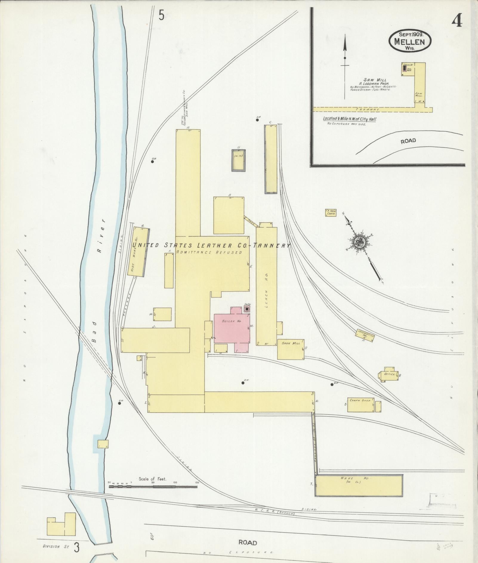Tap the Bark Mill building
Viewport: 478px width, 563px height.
(x=291, y=349)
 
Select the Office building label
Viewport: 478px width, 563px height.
(x=390, y=374)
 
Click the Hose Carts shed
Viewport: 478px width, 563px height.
(x=331, y=213)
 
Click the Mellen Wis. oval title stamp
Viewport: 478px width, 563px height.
(x=410, y=41)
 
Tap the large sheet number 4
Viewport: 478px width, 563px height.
(x=457, y=21)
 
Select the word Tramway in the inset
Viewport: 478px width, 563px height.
(x=369, y=109)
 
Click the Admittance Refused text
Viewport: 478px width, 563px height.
(x=209, y=252)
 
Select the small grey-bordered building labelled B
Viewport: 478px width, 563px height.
(x=238, y=160)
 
